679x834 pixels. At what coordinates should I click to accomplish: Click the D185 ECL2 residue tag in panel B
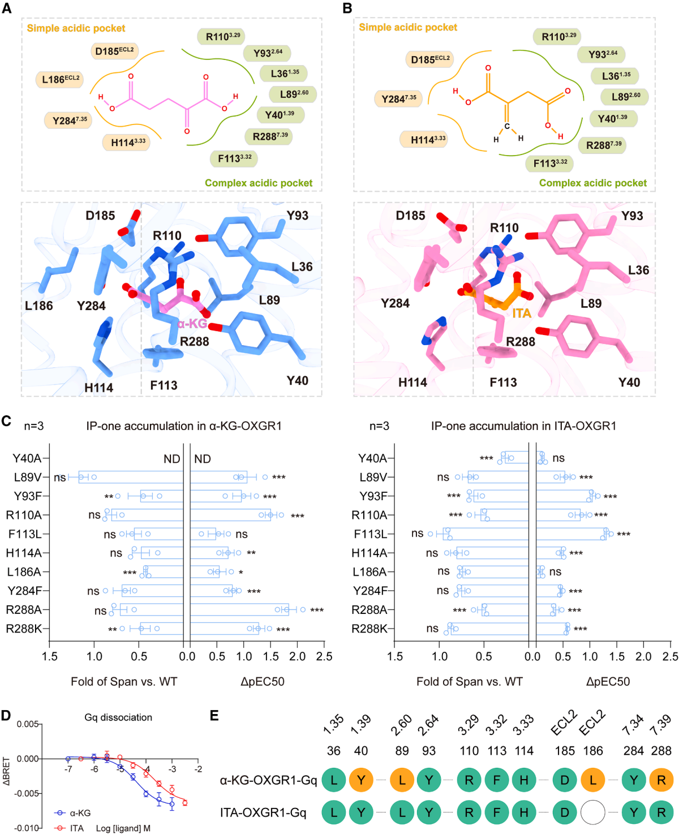tap(429, 59)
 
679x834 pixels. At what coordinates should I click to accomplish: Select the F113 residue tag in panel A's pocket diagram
tap(234, 158)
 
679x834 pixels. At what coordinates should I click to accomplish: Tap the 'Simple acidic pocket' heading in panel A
tap(76, 28)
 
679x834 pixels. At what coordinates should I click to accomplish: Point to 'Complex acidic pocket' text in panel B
tap(592, 183)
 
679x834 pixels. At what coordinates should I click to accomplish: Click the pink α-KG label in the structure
tap(192, 324)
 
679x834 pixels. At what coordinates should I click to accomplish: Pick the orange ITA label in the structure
tap(521, 313)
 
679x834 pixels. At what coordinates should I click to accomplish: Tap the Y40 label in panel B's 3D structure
tap(629, 382)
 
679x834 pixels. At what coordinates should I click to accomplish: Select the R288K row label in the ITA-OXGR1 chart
tap(369, 629)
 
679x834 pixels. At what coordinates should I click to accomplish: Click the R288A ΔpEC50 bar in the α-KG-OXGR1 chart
tap(239, 609)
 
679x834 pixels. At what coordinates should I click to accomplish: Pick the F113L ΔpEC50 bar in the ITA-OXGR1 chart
tap(571, 534)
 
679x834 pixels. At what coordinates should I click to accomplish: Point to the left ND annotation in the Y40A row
tap(171, 459)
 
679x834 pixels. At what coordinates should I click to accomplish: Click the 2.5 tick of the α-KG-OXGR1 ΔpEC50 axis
tap(324, 656)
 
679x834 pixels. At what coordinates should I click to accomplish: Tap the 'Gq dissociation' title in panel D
tap(118, 717)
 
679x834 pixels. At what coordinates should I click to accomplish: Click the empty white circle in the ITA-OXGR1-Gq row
tap(592, 812)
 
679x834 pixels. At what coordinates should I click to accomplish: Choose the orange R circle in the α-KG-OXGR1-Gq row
tap(661, 780)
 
